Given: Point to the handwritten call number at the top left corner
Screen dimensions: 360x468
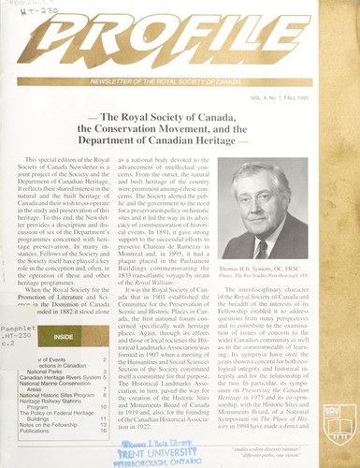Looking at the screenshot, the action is (x=23, y=11).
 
